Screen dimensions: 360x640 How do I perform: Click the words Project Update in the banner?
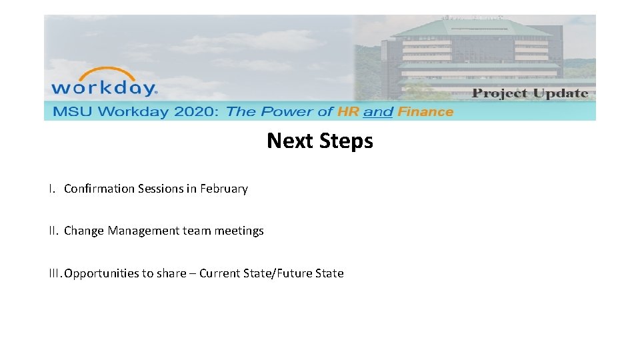530,93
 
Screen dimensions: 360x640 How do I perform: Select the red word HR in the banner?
348,112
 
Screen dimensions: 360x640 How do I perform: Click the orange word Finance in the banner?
425,112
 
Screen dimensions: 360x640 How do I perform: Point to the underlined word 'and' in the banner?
378,112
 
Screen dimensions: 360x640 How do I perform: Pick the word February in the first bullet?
224,189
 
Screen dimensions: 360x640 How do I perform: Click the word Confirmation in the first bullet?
99,189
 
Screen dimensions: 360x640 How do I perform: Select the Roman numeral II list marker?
53,231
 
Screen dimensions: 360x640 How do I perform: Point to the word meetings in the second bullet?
238,231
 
